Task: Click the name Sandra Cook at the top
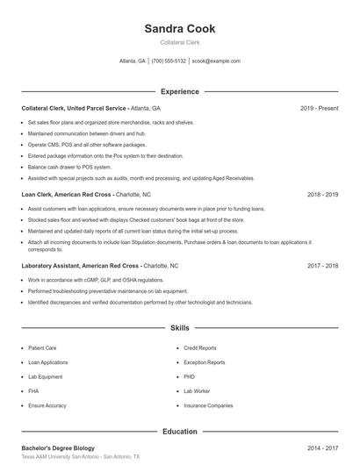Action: [x=179, y=28]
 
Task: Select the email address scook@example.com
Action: [x=216, y=61]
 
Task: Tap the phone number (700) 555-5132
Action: [x=169, y=61]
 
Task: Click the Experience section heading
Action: [x=179, y=91]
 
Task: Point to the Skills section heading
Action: [x=179, y=328]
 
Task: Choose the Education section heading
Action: [x=179, y=432]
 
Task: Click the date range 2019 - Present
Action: [x=319, y=108]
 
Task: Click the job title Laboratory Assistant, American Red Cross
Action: [x=80, y=265]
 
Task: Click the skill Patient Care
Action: [x=42, y=348]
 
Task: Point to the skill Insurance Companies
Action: [x=208, y=406]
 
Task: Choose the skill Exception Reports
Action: [x=205, y=362]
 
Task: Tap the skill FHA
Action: [x=33, y=391]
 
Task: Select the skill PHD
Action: [x=189, y=377]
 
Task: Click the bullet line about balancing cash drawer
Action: [x=69, y=167]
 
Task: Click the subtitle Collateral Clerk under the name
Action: [x=179, y=43]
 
